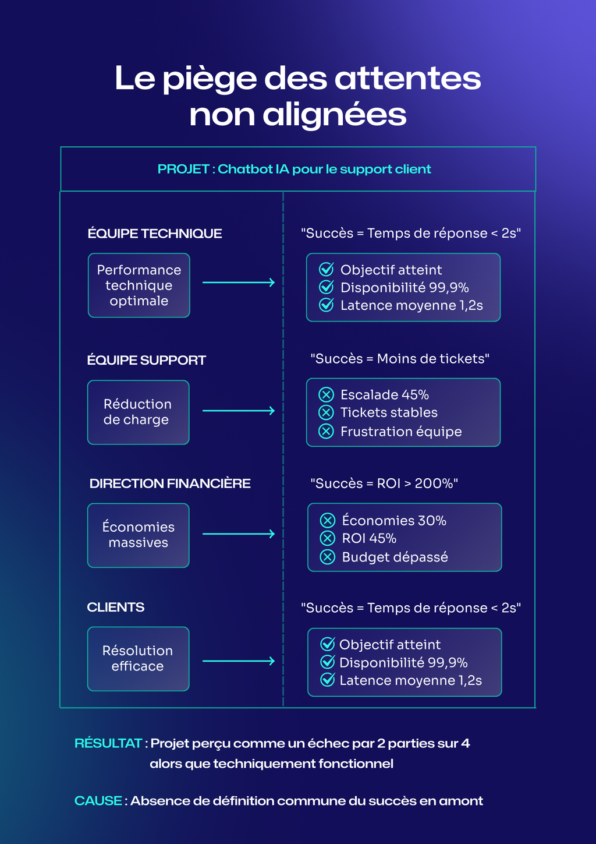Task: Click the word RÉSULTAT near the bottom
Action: (108, 743)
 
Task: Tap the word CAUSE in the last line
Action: (98, 801)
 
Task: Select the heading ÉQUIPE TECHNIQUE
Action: (155, 234)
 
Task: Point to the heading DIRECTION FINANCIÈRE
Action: (170, 483)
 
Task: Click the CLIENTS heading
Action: (116, 607)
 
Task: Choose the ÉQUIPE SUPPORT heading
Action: (147, 360)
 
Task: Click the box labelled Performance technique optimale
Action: (139, 285)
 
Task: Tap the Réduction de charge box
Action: (139, 412)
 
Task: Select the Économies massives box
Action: (139, 535)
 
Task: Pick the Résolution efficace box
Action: (139, 659)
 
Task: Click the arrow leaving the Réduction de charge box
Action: (239, 411)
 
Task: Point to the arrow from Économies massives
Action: (239, 534)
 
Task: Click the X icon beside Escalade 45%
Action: (327, 395)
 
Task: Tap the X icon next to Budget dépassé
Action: (328, 557)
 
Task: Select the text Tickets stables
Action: (389, 412)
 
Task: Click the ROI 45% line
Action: (369, 538)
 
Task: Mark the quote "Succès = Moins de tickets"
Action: (400, 359)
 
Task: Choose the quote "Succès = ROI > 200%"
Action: (384, 483)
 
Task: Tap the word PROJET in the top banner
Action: (183, 169)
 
